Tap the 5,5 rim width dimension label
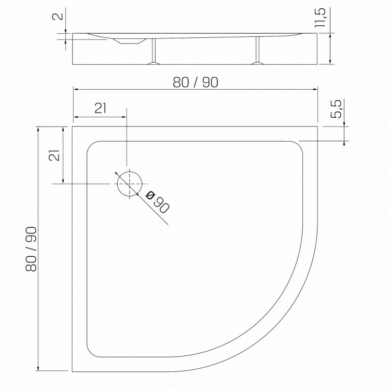tap(337, 108)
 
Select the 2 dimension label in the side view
tap(58, 17)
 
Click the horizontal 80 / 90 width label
tap(196, 82)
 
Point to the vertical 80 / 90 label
tap(31, 249)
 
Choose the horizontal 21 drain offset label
tap(101, 108)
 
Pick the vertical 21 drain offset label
tap(54, 156)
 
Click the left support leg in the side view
tap(154, 51)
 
